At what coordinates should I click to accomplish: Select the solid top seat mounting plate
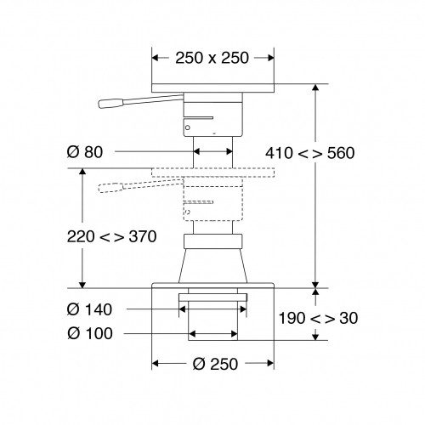(212, 88)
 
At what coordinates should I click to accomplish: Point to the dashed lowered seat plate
(212, 173)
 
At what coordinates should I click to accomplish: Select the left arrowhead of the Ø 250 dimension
(156, 363)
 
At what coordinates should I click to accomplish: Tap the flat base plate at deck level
(212, 287)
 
